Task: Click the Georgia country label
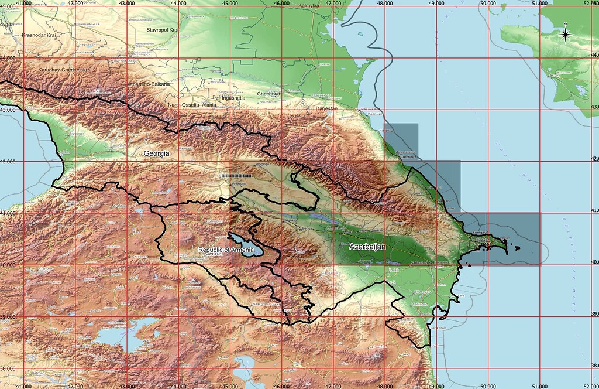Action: click(157, 153)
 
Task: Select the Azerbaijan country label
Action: click(367, 248)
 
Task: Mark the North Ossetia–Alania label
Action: click(192, 105)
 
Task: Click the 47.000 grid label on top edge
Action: click(333, 3)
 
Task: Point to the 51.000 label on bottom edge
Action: click(539, 386)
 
